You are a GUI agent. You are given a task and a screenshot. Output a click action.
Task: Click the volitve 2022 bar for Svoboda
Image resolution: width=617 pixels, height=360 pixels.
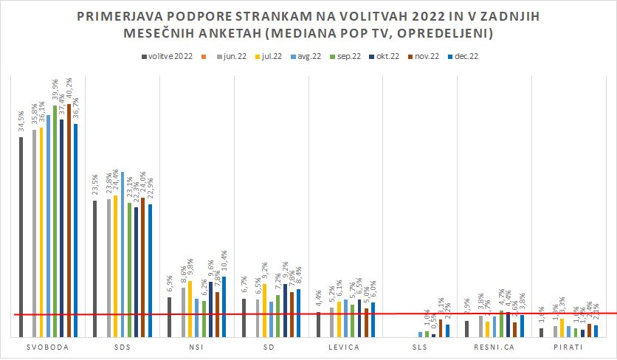(21, 236)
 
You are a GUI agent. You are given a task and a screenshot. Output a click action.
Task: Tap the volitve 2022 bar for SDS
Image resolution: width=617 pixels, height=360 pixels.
(95, 269)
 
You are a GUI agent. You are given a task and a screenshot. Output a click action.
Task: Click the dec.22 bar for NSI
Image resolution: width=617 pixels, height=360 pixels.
(224, 307)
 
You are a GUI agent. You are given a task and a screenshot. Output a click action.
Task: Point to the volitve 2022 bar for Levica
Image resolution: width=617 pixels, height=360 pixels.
(318, 325)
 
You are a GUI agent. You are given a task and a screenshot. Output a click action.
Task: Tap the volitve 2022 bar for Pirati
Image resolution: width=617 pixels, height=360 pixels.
(541, 333)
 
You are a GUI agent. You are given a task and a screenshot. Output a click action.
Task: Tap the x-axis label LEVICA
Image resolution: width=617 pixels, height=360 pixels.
(345, 347)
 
